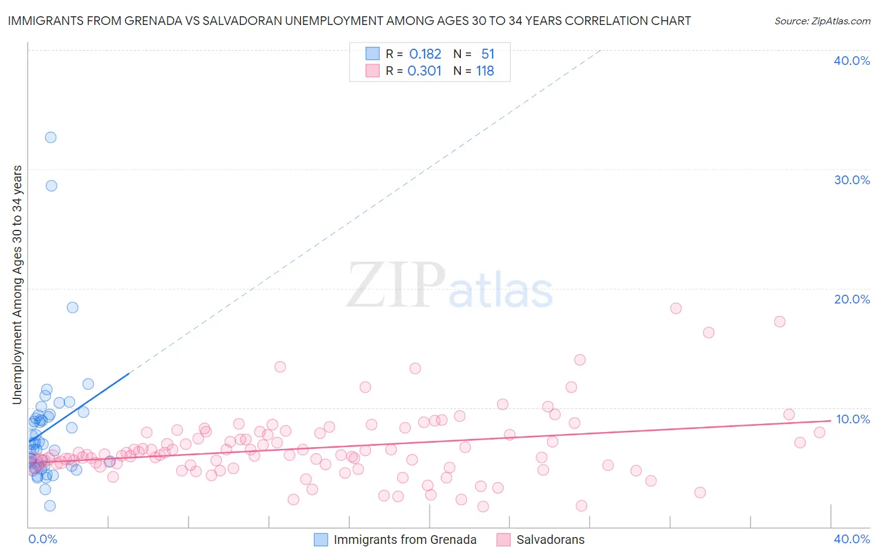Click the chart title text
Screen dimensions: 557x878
(349, 21)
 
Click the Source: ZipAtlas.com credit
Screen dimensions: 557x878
(822, 21)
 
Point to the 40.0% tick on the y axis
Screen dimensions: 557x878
(852, 61)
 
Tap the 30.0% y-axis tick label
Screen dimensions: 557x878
(852, 180)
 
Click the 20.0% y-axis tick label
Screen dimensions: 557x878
(852, 299)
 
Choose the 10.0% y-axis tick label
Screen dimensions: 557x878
(852, 419)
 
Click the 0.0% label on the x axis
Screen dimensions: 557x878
(42, 539)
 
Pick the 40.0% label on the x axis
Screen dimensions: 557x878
(852, 539)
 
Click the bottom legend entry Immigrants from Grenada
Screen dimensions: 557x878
(405, 540)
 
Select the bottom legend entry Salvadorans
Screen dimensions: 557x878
(550, 540)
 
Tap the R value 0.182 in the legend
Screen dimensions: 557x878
(425, 54)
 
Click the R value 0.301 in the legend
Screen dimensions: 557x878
(425, 71)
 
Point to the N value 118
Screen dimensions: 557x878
(485, 71)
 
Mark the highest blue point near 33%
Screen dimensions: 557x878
(51, 137)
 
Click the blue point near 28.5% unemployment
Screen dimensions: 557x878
(51, 185)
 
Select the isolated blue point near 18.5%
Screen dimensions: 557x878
(72, 307)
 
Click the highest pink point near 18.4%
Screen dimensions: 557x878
(676, 308)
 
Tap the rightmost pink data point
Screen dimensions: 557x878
(819, 432)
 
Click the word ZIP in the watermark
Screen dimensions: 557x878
(396, 285)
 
